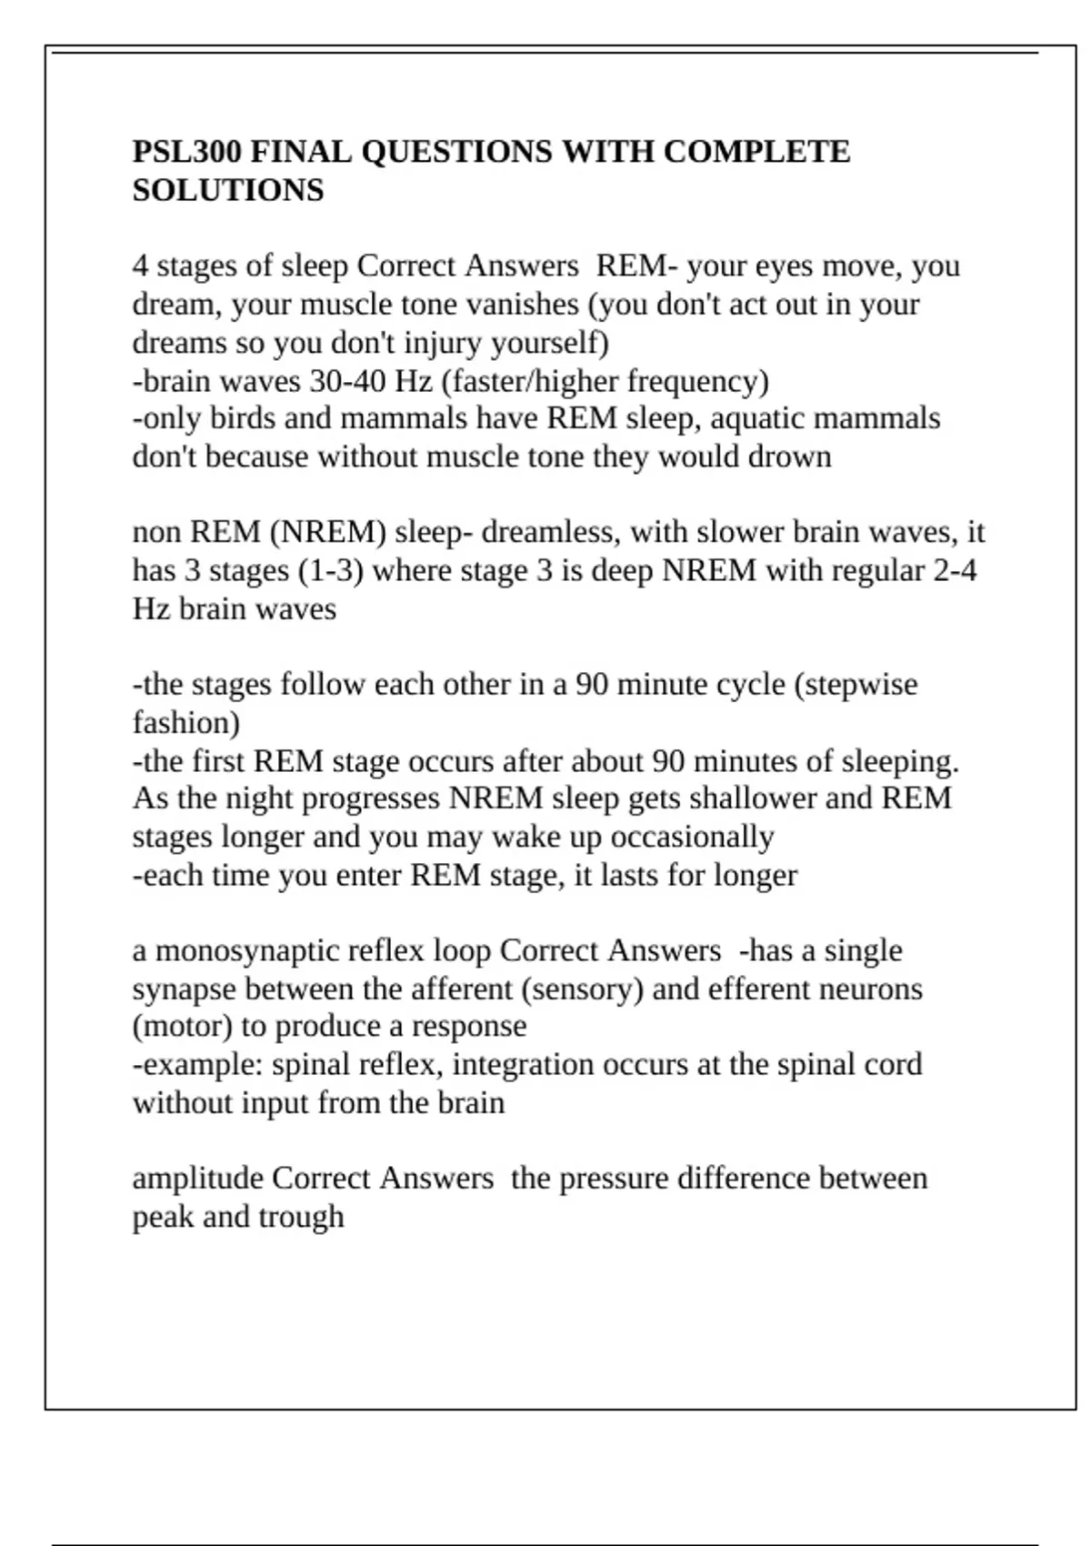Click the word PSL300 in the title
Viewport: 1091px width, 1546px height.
click(186, 151)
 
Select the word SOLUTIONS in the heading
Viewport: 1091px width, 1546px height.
click(228, 190)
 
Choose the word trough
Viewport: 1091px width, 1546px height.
click(301, 1217)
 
